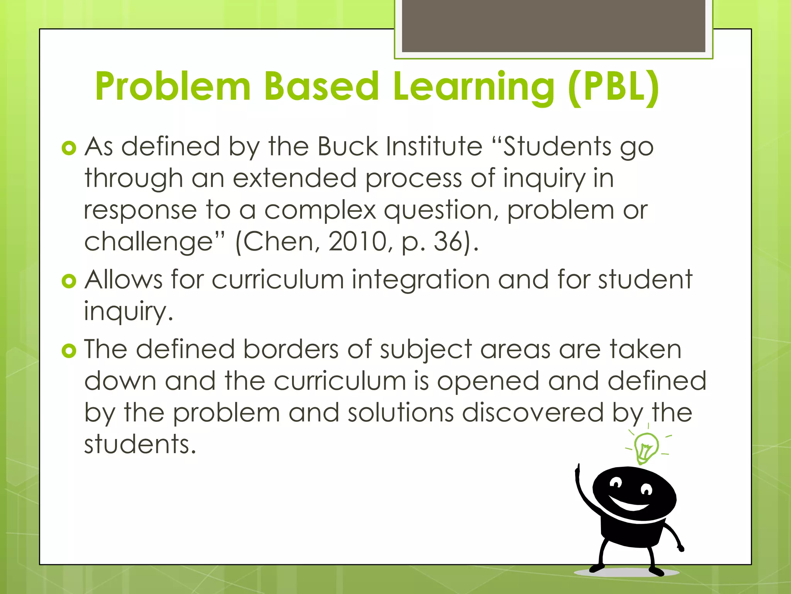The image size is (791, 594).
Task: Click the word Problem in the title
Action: [x=173, y=87]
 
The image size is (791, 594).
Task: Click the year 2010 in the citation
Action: [x=357, y=242]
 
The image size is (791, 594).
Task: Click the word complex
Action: [x=320, y=211]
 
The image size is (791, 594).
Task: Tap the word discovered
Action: [x=533, y=413]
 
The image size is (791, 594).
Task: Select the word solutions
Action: [x=400, y=413]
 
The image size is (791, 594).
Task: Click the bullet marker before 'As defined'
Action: [x=69, y=148]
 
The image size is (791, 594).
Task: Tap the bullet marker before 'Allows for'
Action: [x=69, y=281]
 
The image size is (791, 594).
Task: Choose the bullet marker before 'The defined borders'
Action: [x=69, y=351]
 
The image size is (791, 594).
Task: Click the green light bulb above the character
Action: [x=646, y=447]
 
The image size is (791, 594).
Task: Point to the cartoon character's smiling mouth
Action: [x=630, y=504]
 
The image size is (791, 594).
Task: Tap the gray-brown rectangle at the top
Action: [x=553, y=26]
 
